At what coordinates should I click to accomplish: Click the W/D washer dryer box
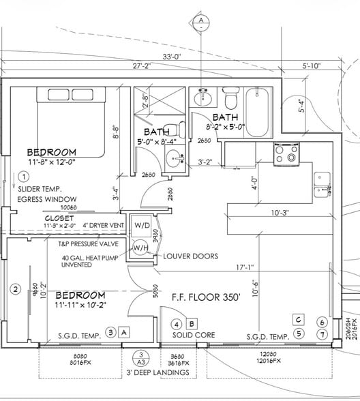tap(142, 225)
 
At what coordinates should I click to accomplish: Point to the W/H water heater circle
tap(142, 248)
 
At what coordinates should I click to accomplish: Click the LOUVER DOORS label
tap(191, 256)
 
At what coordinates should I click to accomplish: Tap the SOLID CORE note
tap(194, 336)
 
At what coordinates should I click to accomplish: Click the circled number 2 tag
tap(15, 289)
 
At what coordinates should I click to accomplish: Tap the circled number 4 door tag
tap(176, 324)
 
